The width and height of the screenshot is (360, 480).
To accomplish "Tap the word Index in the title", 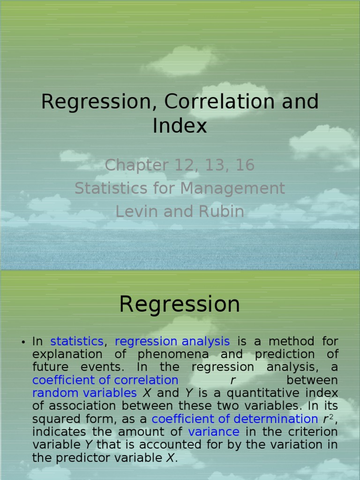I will pyautogui.click(x=180, y=126).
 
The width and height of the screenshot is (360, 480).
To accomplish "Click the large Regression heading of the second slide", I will pyautogui.click(x=180, y=304).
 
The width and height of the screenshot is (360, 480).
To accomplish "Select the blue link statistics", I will pyautogui.click(x=76, y=341).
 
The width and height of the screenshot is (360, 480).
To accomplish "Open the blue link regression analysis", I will pyautogui.click(x=172, y=341).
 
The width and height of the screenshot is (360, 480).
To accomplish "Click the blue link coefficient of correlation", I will pyautogui.click(x=105, y=380).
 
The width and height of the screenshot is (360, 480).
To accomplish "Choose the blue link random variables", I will pyautogui.click(x=84, y=393).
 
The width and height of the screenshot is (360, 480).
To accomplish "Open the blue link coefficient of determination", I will pyautogui.click(x=235, y=419).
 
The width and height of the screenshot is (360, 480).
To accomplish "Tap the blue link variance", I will pyautogui.click(x=214, y=432).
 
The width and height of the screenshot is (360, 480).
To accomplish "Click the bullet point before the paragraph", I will pyautogui.click(x=22, y=342).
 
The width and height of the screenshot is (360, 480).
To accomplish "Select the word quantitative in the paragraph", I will pyautogui.click(x=273, y=393).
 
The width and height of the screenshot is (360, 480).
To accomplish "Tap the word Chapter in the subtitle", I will pyautogui.click(x=136, y=165).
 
